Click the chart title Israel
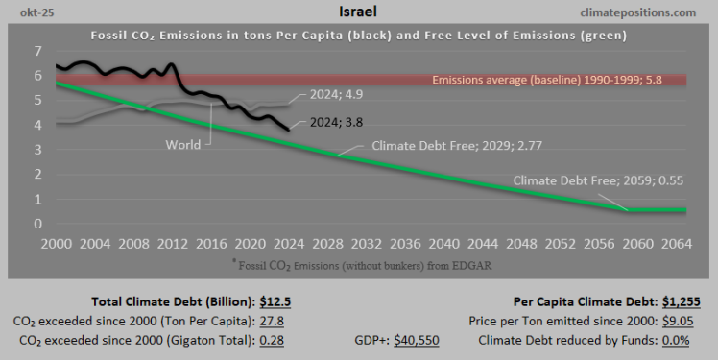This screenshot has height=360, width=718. [358, 12]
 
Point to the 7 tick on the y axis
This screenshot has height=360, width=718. [37, 51]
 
